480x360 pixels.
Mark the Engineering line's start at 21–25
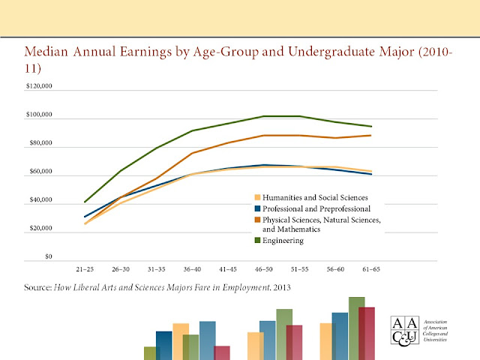coord(85,202)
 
